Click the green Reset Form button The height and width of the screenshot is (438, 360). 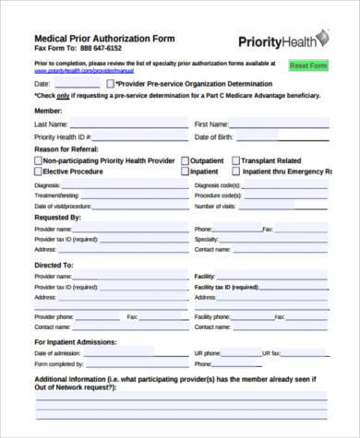point(308,65)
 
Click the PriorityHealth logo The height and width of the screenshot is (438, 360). point(282,40)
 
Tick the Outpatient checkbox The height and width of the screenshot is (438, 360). point(185,160)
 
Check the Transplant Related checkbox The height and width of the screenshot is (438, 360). point(235,160)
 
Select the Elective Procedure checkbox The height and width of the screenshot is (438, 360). point(38,171)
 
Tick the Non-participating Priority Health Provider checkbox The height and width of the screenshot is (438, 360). point(38,160)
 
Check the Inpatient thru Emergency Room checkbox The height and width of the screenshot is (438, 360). point(236,171)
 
